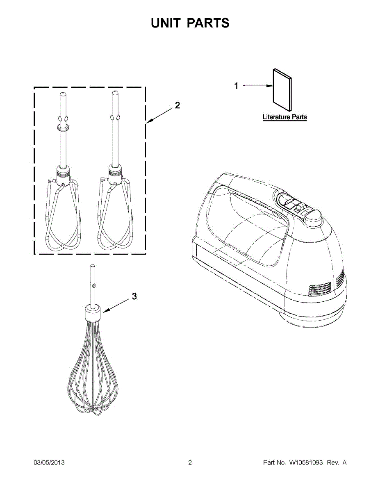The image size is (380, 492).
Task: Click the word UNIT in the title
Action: (x=166, y=23)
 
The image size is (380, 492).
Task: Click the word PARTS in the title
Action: (x=208, y=23)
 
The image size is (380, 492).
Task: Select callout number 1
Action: (x=236, y=86)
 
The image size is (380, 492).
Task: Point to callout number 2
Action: (x=177, y=105)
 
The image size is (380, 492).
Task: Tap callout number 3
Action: (x=134, y=296)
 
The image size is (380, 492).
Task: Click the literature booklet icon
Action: (x=282, y=92)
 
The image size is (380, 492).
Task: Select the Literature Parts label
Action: (x=284, y=117)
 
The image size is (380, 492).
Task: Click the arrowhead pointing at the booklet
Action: (x=270, y=86)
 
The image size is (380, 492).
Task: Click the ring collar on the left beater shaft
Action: (x=63, y=128)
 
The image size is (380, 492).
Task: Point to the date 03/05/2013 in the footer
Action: (x=49, y=462)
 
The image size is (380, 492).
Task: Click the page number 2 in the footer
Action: (x=190, y=462)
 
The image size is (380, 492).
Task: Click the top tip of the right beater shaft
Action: (x=115, y=93)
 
